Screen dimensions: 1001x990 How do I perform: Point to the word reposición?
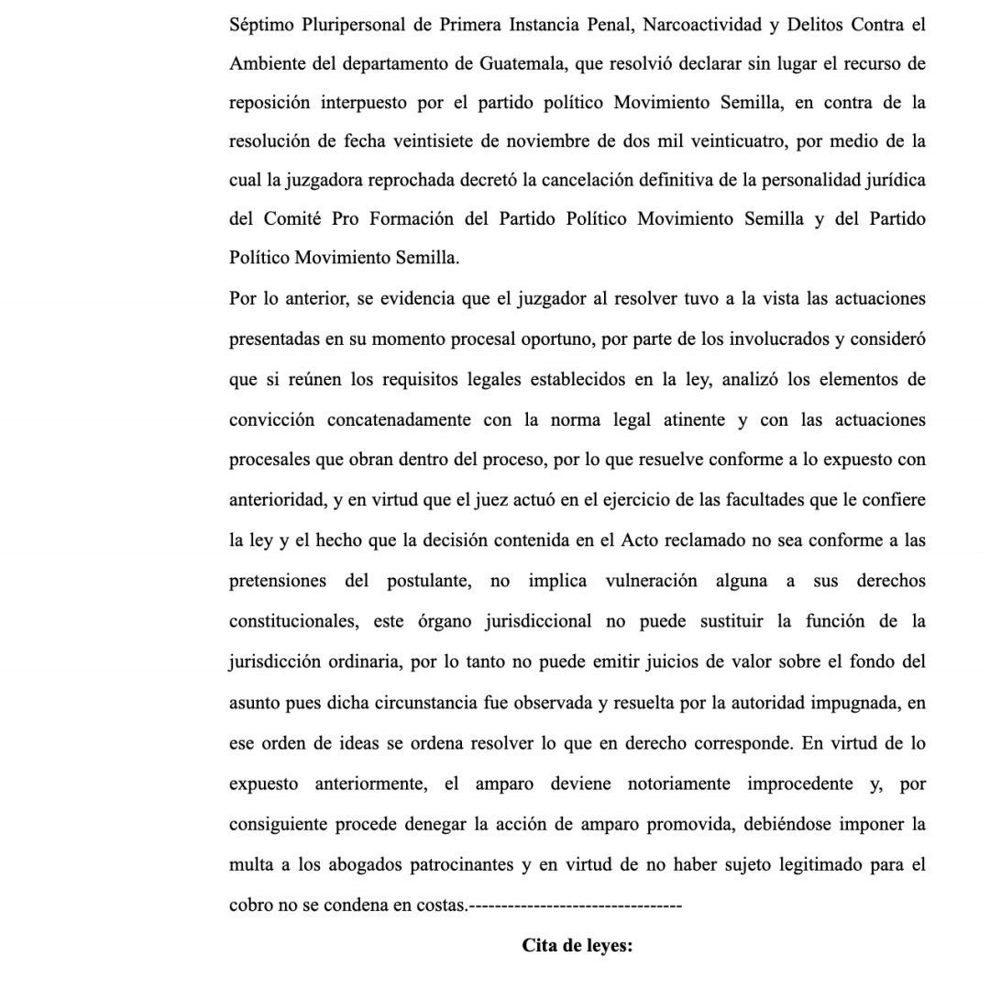point(269,103)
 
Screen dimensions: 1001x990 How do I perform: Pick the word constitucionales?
point(293,621)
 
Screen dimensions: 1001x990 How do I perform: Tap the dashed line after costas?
point(575,906)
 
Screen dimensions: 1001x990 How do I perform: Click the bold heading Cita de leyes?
point(577,945)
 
